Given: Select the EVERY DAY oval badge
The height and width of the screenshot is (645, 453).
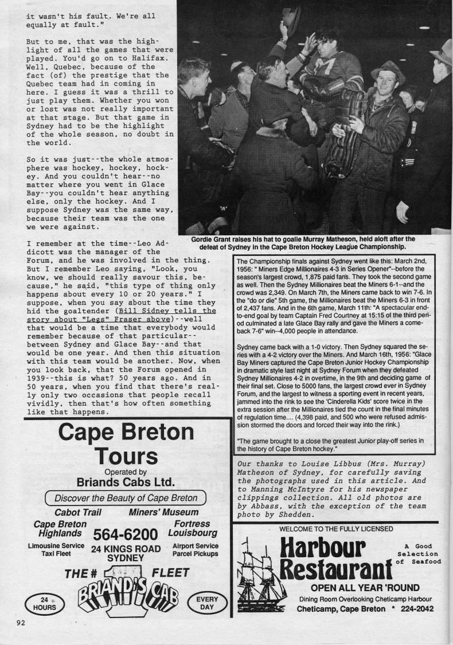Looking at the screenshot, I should (206, 603).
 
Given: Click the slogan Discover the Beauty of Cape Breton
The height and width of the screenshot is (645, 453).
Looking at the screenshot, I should (126, 498).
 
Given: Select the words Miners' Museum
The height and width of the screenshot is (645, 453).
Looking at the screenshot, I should (163, 512).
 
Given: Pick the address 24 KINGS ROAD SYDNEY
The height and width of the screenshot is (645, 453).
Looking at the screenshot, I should (126, 553).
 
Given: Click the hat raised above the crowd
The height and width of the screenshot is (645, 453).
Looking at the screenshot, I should (291, 17).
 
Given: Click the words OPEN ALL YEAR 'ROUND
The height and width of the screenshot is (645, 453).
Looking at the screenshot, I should (365, 588).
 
